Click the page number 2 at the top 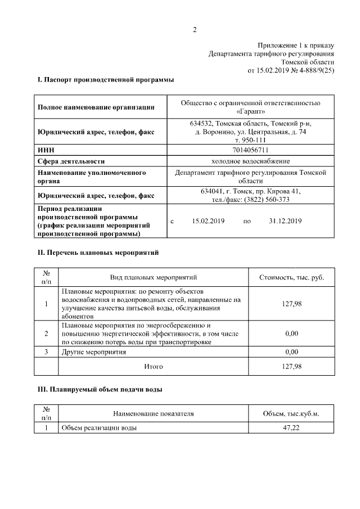click(194, 30)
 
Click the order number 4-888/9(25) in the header click(313, 71)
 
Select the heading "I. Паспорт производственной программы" click(105, 80)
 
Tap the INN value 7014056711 click(250, 150)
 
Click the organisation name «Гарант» click(250, 111)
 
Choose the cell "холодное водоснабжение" click(250, 161)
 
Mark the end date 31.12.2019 click(286, 222)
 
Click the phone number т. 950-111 click(250, 139)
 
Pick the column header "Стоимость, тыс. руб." click(291, 277)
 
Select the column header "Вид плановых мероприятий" click(152, 277)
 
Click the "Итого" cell click(152, 366)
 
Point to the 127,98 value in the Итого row click(291, 366)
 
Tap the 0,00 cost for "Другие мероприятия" click(291, 352)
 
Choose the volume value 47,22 click(291, 428)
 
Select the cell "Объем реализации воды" click(99, 428)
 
